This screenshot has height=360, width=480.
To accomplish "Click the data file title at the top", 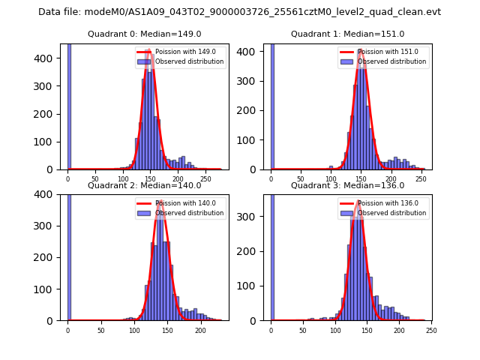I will (239, 12).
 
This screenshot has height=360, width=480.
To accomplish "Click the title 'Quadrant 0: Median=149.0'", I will (144, 34).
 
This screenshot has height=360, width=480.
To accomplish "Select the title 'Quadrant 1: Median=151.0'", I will (347, 34).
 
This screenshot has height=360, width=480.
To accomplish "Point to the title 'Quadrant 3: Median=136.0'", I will (347, 185).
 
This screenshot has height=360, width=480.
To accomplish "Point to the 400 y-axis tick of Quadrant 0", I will (49, 58).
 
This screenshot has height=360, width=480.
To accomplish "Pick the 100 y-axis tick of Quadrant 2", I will (49, 289).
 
